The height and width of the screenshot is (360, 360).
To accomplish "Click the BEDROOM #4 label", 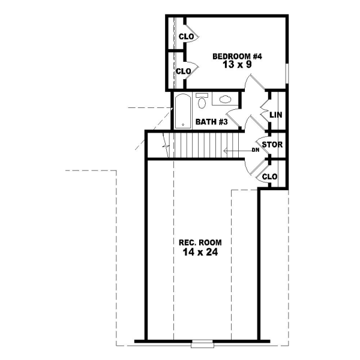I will [238, 56].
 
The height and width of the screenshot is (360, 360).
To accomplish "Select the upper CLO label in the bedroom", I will [187, 37].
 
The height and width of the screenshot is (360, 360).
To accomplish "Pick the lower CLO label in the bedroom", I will [183, 71].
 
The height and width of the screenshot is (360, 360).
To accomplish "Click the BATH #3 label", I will [211, 122].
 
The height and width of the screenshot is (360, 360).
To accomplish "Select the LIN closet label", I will [276, 115].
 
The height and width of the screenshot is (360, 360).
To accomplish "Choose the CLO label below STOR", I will [271, 176].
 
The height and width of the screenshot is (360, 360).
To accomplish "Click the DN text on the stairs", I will [255, 149].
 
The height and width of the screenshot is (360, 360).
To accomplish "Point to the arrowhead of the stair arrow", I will [225, 149].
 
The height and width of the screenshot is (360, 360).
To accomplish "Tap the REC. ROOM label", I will [200, 242].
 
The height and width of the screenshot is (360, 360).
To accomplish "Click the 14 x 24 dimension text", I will [200, 253].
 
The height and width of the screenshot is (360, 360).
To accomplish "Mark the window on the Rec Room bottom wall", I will [202, 344].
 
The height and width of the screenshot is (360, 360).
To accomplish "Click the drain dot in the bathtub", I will [182, 125].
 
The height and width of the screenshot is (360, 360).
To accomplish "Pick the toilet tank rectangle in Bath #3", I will [202, 95].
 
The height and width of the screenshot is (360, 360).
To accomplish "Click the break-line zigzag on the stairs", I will [165, 144].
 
